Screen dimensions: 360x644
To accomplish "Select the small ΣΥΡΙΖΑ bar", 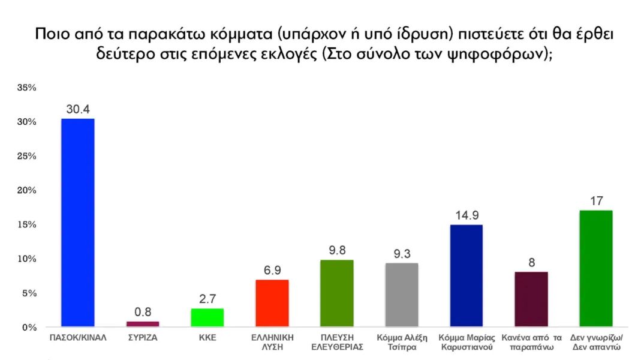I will point(143,324).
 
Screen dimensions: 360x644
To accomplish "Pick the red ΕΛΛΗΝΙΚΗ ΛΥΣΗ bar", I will point(272,304).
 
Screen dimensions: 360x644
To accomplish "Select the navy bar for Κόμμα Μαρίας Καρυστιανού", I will point(466,276).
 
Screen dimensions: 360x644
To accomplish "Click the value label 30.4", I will point(78,109).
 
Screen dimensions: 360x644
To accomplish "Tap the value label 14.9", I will point(466,215).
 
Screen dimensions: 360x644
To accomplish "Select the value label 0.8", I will point(143,311).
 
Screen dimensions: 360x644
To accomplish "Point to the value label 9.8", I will point(337,250).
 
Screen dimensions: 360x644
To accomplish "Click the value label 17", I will point(595,200).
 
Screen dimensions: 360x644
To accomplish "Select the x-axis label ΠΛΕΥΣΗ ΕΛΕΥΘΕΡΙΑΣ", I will point(337,342).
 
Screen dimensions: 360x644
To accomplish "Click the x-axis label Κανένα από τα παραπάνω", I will point(531,342).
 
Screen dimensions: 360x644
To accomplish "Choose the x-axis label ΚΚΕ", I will point(207,338).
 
